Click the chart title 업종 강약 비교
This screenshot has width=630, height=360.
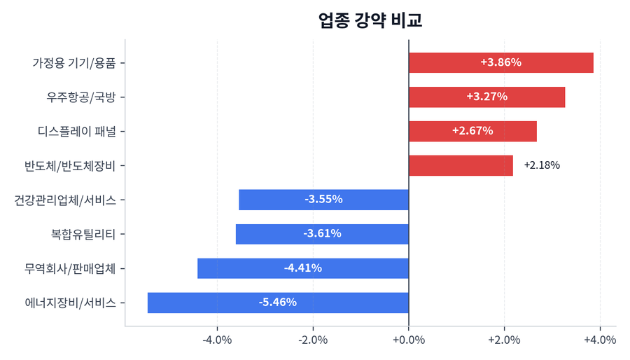(370, 21)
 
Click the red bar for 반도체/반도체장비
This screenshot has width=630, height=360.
(461, 165)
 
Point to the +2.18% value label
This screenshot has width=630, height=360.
(541, 165)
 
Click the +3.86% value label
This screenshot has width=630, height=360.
(500, 62)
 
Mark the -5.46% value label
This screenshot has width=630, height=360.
(278, 303)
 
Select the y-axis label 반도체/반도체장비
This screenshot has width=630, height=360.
(74, 165)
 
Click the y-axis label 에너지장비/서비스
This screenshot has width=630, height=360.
(70, 303)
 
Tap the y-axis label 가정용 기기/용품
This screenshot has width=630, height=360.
(74, 62)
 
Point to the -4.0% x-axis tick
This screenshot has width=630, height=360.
(217, 340)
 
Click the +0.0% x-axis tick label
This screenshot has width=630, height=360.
(409, 340)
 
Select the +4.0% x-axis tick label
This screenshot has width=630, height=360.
(600, 340)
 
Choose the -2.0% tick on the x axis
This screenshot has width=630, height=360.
(313, 340)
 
